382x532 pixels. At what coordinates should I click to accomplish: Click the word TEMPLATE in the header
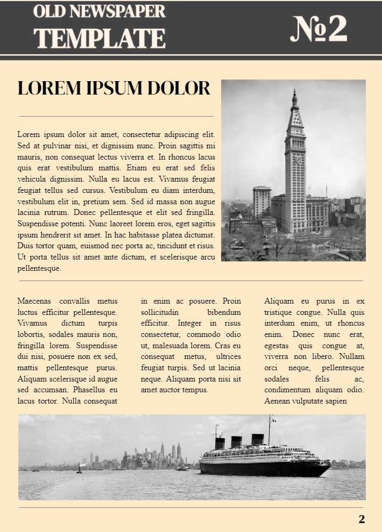click(x=100, y=38)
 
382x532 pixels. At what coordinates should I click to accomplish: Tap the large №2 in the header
click(x=319, y=29)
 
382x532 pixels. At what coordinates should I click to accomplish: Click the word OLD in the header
click(x=49, y=11)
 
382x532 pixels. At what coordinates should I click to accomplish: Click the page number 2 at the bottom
click(x=362, y=519)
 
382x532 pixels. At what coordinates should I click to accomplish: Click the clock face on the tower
click(x=296, y=159)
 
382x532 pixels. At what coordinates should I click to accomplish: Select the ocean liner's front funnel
click(x=220, y=443)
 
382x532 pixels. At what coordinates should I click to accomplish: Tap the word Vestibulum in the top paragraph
click(x=132, y=190)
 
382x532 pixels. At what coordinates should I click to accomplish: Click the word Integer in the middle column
click(x=189, y=323)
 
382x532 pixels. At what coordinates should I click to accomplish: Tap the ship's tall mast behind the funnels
click(x=269, y=430)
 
